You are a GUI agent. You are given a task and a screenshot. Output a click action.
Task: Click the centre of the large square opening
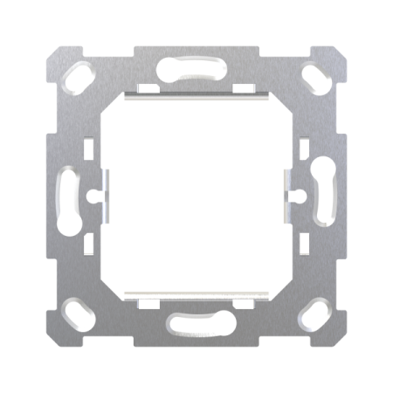point(196,196)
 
